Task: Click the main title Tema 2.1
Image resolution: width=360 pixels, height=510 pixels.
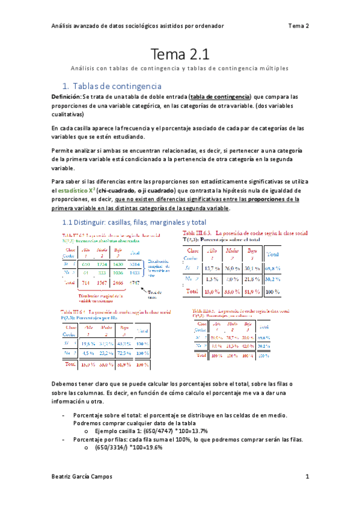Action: (180, 55)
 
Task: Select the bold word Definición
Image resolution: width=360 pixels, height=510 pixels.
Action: (65, 96)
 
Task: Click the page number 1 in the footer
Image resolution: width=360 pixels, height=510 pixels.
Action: (307, 477)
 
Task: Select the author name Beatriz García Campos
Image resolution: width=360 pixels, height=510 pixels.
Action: (81, 477)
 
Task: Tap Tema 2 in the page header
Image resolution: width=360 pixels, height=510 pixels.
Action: (299, 26)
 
